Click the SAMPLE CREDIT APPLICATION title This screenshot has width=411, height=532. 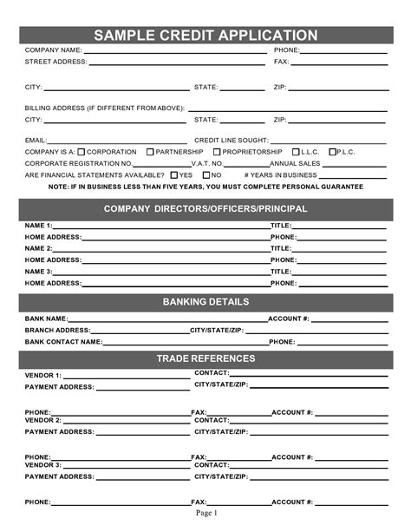(x=205, y=36)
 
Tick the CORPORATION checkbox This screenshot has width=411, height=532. (x=82, y=152)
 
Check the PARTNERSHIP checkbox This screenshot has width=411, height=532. (x=150, y=152)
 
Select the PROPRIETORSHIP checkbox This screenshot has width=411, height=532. (x=215, y=152)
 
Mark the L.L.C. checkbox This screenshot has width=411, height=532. (x=296, y=152)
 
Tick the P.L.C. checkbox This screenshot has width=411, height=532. (x=332, y=152)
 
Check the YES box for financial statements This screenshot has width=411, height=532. (x=173, y=174)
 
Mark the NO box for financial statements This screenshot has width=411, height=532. (x=205, y=174)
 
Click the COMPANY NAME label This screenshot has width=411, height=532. (x=53, y=50)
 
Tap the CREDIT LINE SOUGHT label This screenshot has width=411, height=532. (x=232, y=140)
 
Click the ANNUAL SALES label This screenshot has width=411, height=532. (x=295, y=163)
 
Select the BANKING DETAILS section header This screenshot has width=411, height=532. (x=205, y=302)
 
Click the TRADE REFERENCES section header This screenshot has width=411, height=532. (x=205, y=358)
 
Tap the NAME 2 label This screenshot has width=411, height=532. (x=39, y=248)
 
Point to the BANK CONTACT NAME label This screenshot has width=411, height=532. (x=63, y=342)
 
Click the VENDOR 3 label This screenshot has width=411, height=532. (x=42, y=465)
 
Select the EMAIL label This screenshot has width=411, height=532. (x=36, y=140)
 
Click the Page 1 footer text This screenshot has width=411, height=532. (x=205, y=513)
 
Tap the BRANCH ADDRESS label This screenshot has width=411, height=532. (x=57, y=331)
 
